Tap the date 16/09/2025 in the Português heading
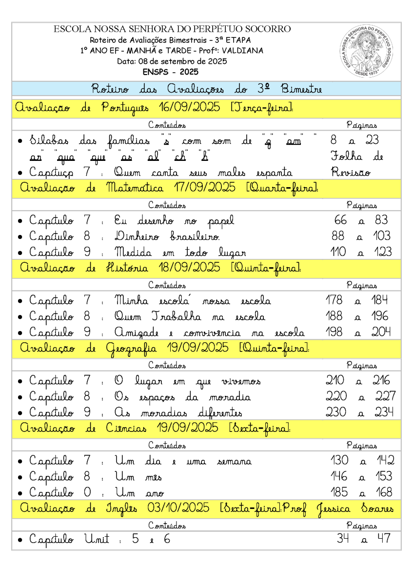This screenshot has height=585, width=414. point(189,108)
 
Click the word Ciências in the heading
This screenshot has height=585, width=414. point(126,429)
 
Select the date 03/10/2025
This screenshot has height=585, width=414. point(178,508)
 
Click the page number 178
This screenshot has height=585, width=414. point(335,300)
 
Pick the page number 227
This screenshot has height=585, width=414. point(385,396)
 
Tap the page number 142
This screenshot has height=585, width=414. point(385,460)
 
